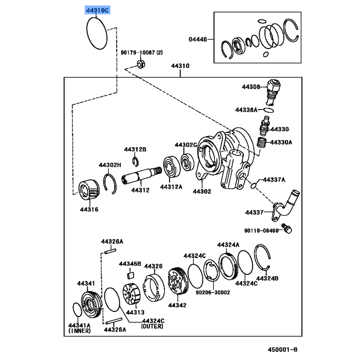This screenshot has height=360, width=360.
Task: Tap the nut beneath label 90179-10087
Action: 140,65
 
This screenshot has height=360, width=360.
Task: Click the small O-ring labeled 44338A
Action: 268,110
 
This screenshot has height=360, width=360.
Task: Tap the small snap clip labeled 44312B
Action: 135,161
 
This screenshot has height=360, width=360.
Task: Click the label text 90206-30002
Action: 212,292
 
